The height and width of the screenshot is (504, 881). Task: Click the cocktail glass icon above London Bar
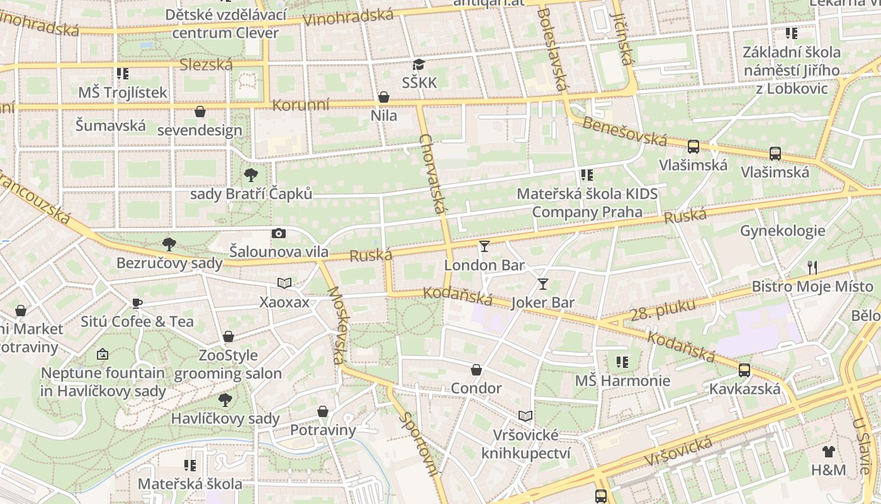(x=484, y=246)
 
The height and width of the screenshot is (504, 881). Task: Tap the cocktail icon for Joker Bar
(x=542, y=283)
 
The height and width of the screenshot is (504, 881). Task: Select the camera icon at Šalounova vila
(x=279, y=233)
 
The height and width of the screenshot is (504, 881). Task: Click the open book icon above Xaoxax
(x=284, y=283)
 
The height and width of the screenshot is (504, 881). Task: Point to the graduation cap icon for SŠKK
(x=418, y=64)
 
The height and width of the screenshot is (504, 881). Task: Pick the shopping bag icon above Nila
(x=383, y=97)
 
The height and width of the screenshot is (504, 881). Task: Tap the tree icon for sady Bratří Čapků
(x=251, y=175)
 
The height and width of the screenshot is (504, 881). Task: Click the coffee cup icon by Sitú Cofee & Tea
(x=137, y=303)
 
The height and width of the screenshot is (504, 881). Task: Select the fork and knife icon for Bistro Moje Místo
(x=812, y=268)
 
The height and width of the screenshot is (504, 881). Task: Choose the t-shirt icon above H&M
(x=829, y=451)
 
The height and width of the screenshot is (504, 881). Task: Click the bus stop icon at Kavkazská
(x=744, y=370)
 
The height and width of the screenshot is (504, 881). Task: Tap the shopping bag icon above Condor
(x=476, y=369)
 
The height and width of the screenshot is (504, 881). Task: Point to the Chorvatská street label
(x=433, y=174)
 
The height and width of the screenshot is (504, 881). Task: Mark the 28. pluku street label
(x=663, y=309)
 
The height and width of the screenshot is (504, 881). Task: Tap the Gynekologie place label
(x=782, y=231)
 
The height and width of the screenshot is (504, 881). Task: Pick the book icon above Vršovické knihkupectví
(x=525, y=416)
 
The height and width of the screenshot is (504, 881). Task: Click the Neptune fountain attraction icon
(x=103, y=354)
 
